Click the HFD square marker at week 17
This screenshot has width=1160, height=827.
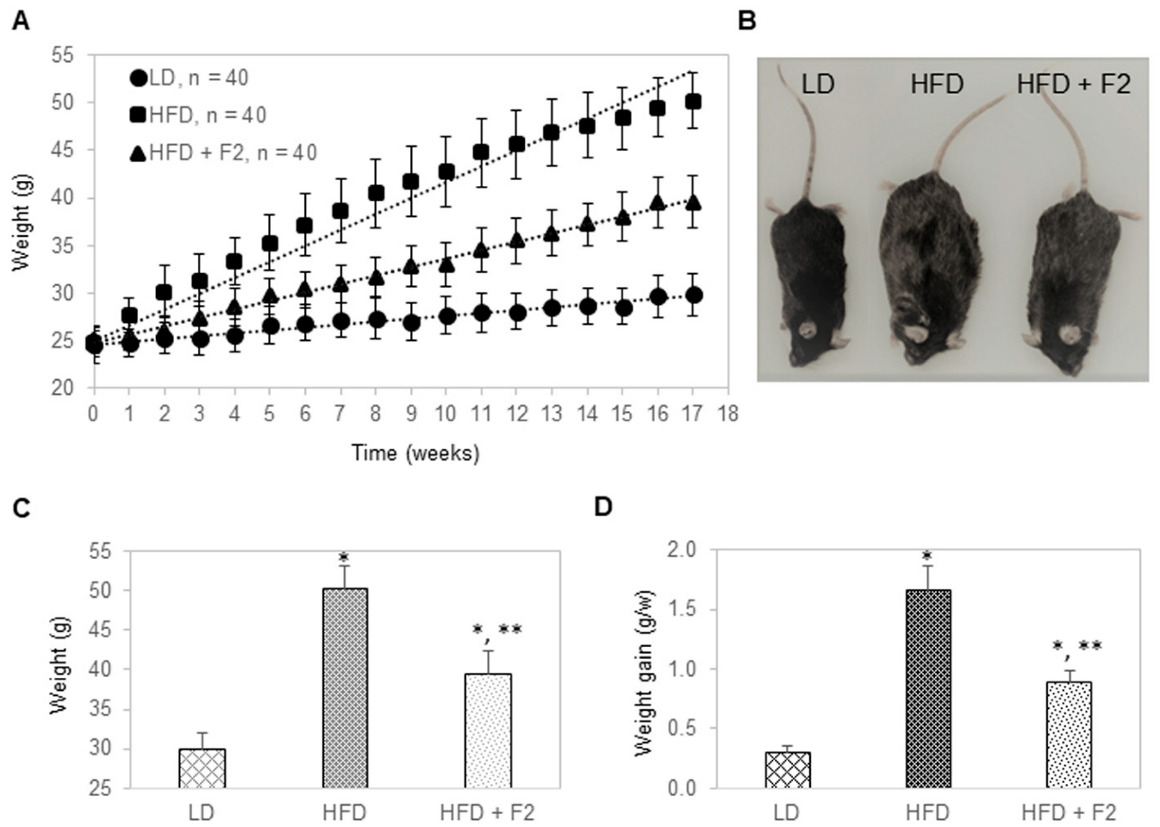click(692, 103)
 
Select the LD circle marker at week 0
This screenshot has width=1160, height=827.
click(94, 345)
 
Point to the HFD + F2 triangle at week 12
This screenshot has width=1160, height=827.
click(516, 240)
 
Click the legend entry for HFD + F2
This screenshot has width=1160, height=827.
click(223, 152)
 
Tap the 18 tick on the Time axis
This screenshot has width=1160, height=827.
click(727, 414)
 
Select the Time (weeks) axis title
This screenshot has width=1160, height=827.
click(415, 453)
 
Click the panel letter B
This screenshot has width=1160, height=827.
click(746, 21)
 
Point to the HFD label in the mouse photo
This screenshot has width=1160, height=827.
click(936, 84)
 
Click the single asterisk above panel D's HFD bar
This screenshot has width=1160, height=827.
click(927, 556)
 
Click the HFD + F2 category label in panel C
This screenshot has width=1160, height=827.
click(487, 812)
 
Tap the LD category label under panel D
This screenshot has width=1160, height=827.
click(786, 812)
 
